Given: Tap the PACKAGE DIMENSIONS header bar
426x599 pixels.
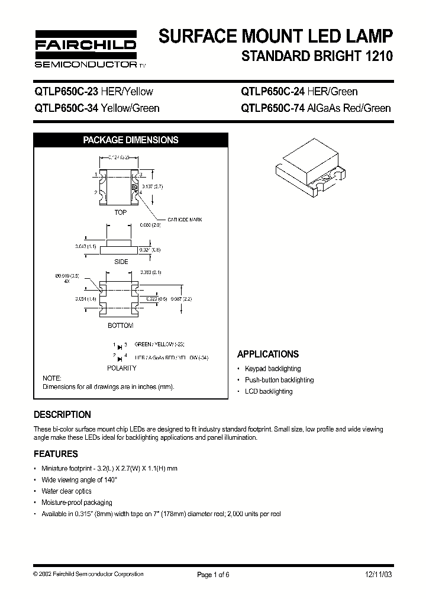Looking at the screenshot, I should coord(130,140).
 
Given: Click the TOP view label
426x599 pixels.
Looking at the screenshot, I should coord(120,212).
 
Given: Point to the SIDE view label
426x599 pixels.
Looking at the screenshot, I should coord(121,261).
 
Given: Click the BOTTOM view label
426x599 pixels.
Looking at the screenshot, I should coord(120,326).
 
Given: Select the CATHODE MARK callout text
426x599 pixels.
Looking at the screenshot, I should coord(185,220).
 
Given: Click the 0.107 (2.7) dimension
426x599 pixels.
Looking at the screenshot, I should coord(152,185).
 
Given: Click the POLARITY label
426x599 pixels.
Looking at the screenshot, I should coord(121,368).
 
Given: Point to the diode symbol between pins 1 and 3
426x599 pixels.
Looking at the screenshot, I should coord(120,344).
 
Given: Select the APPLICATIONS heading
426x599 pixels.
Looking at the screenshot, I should coord(267,354).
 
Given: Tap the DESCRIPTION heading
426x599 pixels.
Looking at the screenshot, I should coord(62,414).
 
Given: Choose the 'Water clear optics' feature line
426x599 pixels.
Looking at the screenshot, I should coord(66,491).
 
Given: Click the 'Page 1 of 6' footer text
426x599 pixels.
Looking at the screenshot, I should coord(212,574).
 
